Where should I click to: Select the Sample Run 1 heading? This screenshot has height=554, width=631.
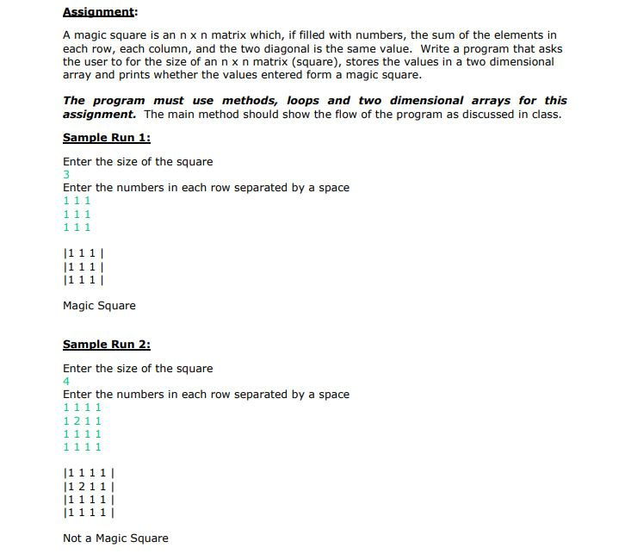[x=106, y=138]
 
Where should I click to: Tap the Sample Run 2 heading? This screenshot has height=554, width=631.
[x=106, y=345]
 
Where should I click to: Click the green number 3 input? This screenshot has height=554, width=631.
[x=66, y=175]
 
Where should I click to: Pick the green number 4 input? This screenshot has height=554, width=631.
[x=66, y=382]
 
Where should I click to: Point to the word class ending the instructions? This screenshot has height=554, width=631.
[x=544, y=114]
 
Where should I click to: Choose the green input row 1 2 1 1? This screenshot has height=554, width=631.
[x=83, y=420]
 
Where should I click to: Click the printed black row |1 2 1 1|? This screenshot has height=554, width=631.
[x=90, y=486]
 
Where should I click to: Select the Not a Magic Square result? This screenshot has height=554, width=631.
[x=115, y=538]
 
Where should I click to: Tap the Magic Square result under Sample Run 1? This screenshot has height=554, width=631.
[x=99, y=306]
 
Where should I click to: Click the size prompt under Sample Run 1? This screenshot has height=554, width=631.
[x=138, y=162]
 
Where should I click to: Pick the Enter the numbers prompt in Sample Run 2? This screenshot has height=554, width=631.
[x=206, y=395]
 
